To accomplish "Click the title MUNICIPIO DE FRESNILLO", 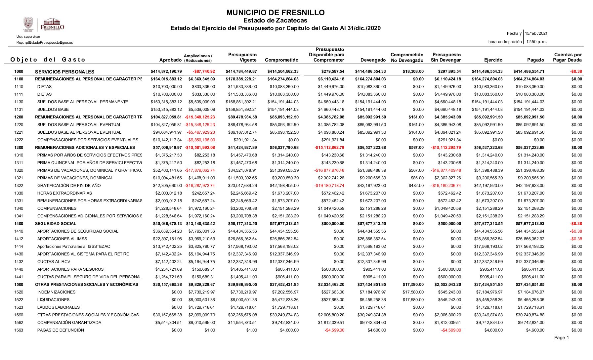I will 275,13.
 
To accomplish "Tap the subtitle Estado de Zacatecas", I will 275,21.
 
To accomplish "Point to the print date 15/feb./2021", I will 536,33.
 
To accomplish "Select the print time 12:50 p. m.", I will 536,42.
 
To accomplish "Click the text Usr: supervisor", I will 28,37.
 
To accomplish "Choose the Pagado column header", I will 535,60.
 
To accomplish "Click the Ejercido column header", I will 493,60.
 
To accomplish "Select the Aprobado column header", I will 170,60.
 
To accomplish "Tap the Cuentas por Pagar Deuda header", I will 568,57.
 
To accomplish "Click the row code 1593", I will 19,330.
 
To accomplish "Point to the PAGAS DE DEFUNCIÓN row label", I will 61,330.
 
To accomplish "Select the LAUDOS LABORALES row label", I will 59,307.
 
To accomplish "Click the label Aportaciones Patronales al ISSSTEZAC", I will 74,247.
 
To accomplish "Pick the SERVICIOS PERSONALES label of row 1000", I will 64,72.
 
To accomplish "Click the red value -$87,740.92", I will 204,71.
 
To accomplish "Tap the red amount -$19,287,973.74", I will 200,186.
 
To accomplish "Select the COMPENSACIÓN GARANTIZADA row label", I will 69,323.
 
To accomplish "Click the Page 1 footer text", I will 561,338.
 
